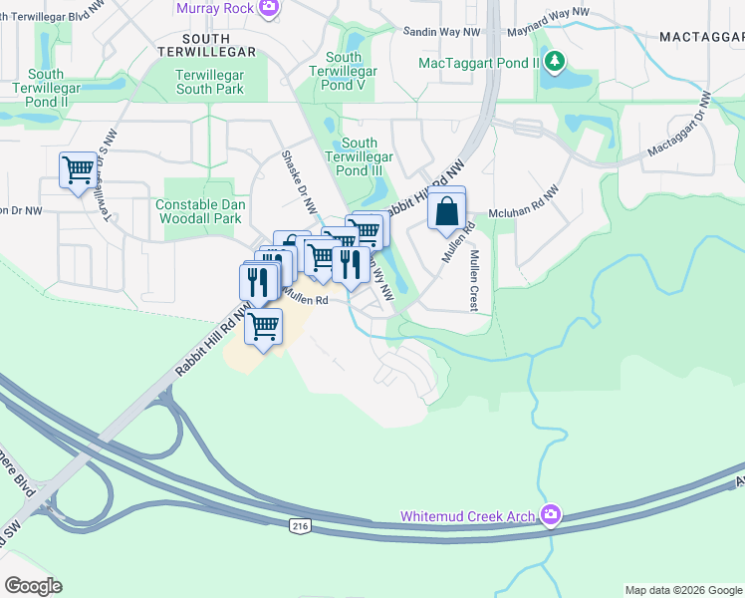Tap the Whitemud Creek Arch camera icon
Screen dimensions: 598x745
click(x=551, y=515)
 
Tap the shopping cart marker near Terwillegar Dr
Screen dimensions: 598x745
click(x=78, y=168)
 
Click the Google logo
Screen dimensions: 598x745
click(x=33, y=586)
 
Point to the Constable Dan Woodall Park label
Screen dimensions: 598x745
click(x=199, y=211)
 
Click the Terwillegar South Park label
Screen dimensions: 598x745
click(x=209, y=82)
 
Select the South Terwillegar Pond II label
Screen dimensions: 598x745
click(x=47, y=88)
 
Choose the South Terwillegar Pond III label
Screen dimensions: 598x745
click(x=367, y=157)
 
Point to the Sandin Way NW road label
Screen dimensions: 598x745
click(x=441, y=32)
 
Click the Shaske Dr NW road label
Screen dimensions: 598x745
click(x=298, y=181)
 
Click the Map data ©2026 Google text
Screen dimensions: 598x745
click(x=682, y=590)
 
